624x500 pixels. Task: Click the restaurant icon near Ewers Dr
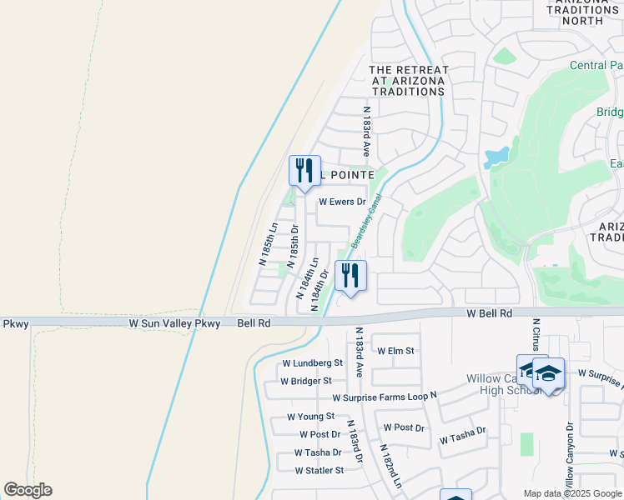pos(304,170)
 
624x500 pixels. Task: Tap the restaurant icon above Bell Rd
pos(350,275)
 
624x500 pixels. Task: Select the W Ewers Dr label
pos(342,202)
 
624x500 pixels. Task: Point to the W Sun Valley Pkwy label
pos(174,322)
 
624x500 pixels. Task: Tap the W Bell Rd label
pos(488,312)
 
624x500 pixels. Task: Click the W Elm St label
pos(395,351)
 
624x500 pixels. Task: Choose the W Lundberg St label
pos(312,363)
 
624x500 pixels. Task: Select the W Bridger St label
pos(306,382)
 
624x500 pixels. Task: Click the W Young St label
pos(310,417)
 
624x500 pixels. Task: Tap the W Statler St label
pos(319,471)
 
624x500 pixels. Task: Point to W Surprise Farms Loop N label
pos(384,398)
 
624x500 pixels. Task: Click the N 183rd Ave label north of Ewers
pos(365,130)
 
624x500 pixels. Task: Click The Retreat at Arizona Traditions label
pos(409,81)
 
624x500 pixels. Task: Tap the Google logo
pos(28,490)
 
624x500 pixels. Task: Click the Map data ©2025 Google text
pos(571,493)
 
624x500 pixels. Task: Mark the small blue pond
pos(496,156)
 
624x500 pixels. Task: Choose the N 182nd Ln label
pos(390,467)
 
